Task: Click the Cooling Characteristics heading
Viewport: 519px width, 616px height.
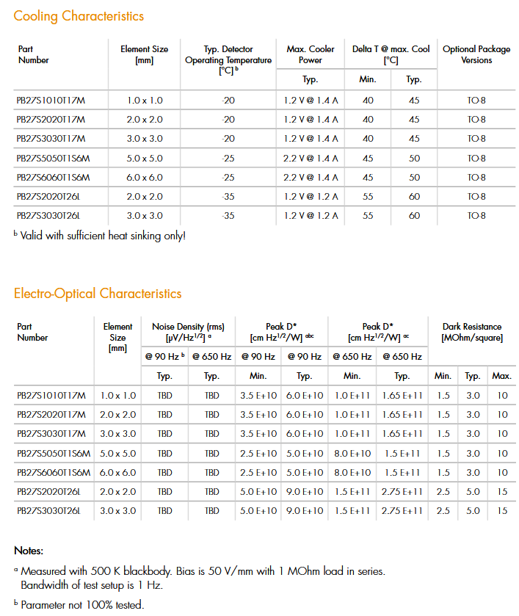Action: [x=79, y=16]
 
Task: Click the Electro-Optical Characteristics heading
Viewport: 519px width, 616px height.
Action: [x=98, y=294]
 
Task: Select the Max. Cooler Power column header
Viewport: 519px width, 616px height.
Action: [x=310, y=54]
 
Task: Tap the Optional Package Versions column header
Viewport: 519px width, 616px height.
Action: [x=476, y=54]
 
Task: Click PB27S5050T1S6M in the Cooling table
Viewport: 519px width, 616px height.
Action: [x=53, y=158]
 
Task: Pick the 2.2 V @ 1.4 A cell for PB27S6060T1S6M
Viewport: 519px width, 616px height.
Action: [x=311, y=177]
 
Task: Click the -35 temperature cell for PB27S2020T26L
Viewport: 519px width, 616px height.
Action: [x=228, y=197]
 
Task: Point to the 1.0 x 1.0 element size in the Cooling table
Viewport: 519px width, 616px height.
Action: [x=145, y=100]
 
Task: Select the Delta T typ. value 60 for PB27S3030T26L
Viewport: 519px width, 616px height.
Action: [x=414, y=216]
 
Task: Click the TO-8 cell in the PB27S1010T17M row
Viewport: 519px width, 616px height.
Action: [x=476, y=100]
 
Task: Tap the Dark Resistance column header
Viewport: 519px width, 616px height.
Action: [x=472, y=332]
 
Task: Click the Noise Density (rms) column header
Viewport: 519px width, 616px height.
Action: [x=188, y=332]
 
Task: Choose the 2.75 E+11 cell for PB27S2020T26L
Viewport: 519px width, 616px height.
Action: [x=402, y=491]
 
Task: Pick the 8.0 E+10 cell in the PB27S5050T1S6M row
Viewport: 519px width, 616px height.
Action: [x=352, y=453]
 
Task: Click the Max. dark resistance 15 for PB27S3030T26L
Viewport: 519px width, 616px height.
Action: [x=502, y=510]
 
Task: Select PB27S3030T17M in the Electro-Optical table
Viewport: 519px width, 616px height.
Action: [x=51, y=434]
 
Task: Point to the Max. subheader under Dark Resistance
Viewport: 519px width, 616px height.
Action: [x=502, y=376]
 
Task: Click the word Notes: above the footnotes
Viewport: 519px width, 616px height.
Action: [x=29, y=551]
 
